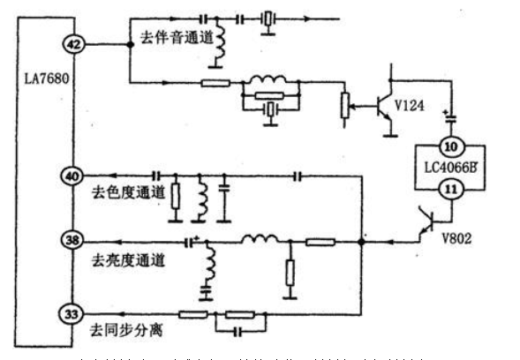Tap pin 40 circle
click(x=70, y=176)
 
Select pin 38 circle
click(x=70, y=240)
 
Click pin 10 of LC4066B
click(x=451, y=146)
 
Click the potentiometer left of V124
click(x=345, y=105)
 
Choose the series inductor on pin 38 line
click(x=261, y=238)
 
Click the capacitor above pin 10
click(x=451, y=117)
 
